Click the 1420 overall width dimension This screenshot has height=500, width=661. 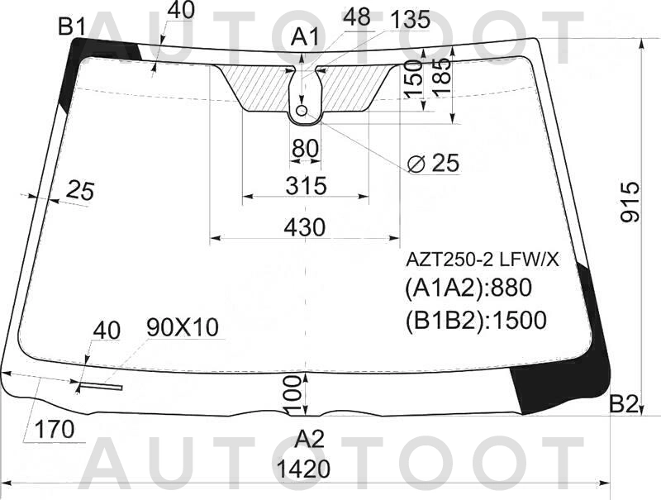303,469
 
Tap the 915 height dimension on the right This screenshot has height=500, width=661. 630,202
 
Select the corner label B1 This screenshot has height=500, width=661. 72,27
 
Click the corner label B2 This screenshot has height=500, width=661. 624,405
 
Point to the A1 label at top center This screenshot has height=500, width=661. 305,37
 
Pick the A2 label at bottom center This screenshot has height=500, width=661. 309,439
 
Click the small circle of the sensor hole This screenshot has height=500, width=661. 302,111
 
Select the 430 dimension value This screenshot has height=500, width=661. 304,227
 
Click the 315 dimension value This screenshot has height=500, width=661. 306,185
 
